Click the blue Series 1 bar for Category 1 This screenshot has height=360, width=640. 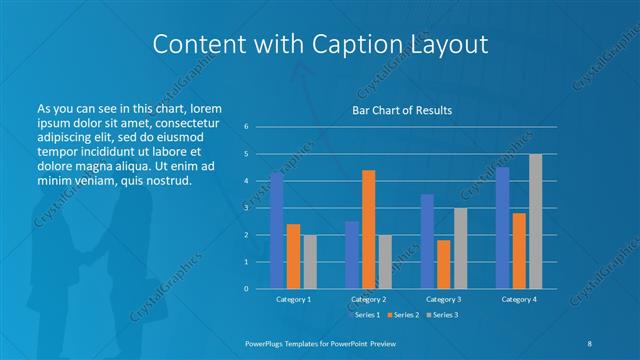(277, 230)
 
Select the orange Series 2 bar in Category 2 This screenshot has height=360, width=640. (368, 229)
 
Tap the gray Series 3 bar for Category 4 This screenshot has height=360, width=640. (535, 221)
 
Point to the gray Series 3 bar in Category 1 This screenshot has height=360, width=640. (310, 261)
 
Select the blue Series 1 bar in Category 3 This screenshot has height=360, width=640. (427, 241)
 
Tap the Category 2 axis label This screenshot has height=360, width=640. (368, 299)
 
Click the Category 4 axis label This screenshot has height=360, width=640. (518, 299)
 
